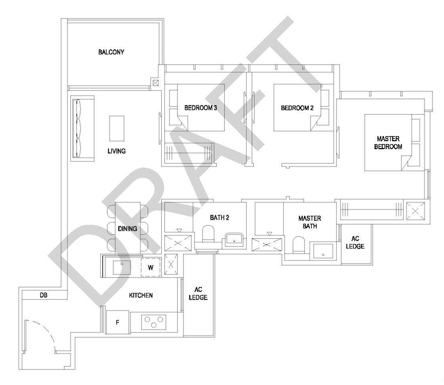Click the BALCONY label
pyautogui.click(x=111, y=52)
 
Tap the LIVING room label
pyautogui.click(x=116, y=151)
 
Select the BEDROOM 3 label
pyautogui.click(x=200, y=108)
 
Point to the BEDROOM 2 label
pyautogui.click(x=297, y=108)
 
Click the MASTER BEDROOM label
pyautogui.click(x=388, y=143)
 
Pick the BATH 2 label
pyautogui.click(x=219, y=217)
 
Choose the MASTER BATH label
pyautogui.click(x=310, y=222)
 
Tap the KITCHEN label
pyautogui.click(x=141, y=295)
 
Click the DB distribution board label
pyautogui.click(x=43, y=295)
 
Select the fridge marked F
pyautogui.click(x=117, y=322)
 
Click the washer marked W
pyautogui.click(x=151, y=267)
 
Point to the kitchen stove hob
pyautogui.click(x=154, y=322)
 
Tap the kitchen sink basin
pyautogui.click(x=122, y=268)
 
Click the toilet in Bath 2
pyautogui.click(x=208, y=234)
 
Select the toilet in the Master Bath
pyautogui.click(x=299, y=245)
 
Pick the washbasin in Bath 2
pyautogui.click(x=234, y=239)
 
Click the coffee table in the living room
pyautogui.click(x=117, y=128)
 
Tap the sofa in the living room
pyautogui.click(x=82, y=128)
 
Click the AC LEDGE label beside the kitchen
pyautogui.click(x=198, y=293)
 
